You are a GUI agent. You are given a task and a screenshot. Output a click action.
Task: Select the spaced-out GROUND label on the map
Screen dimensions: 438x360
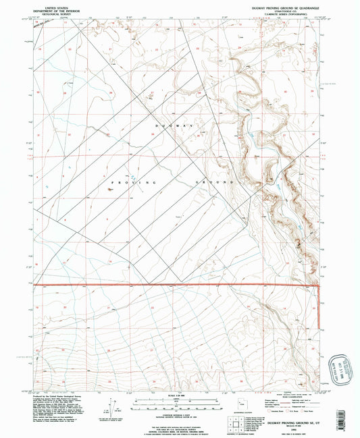pyautogui.click(x=215, y=183)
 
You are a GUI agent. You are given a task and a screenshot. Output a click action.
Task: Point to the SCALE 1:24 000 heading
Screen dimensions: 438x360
pyautogui.click(x=180, y=395)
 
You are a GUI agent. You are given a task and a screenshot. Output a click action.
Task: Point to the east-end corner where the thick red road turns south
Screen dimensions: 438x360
pyautogui.click(x=317, y=285)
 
